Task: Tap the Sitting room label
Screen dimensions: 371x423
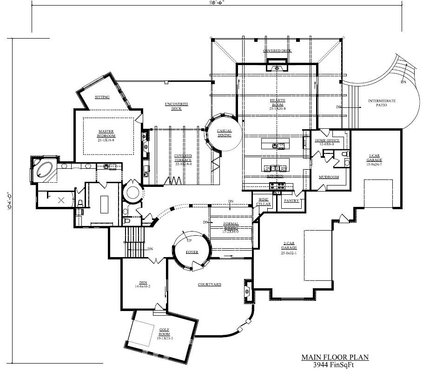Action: tap(102, 97)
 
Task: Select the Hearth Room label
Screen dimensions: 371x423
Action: tap(278, 103)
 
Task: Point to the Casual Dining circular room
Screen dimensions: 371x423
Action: tap(224, 133)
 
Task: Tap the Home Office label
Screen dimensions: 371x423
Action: tap(327, 140)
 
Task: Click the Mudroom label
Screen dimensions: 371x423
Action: tap(329, 177)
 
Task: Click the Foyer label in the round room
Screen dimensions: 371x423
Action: tap(192, 252)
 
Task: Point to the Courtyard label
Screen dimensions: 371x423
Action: tap(209, 284)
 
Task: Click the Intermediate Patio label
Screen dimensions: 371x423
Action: tap(382, 103)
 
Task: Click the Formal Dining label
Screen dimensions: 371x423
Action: tap(231, 226)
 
